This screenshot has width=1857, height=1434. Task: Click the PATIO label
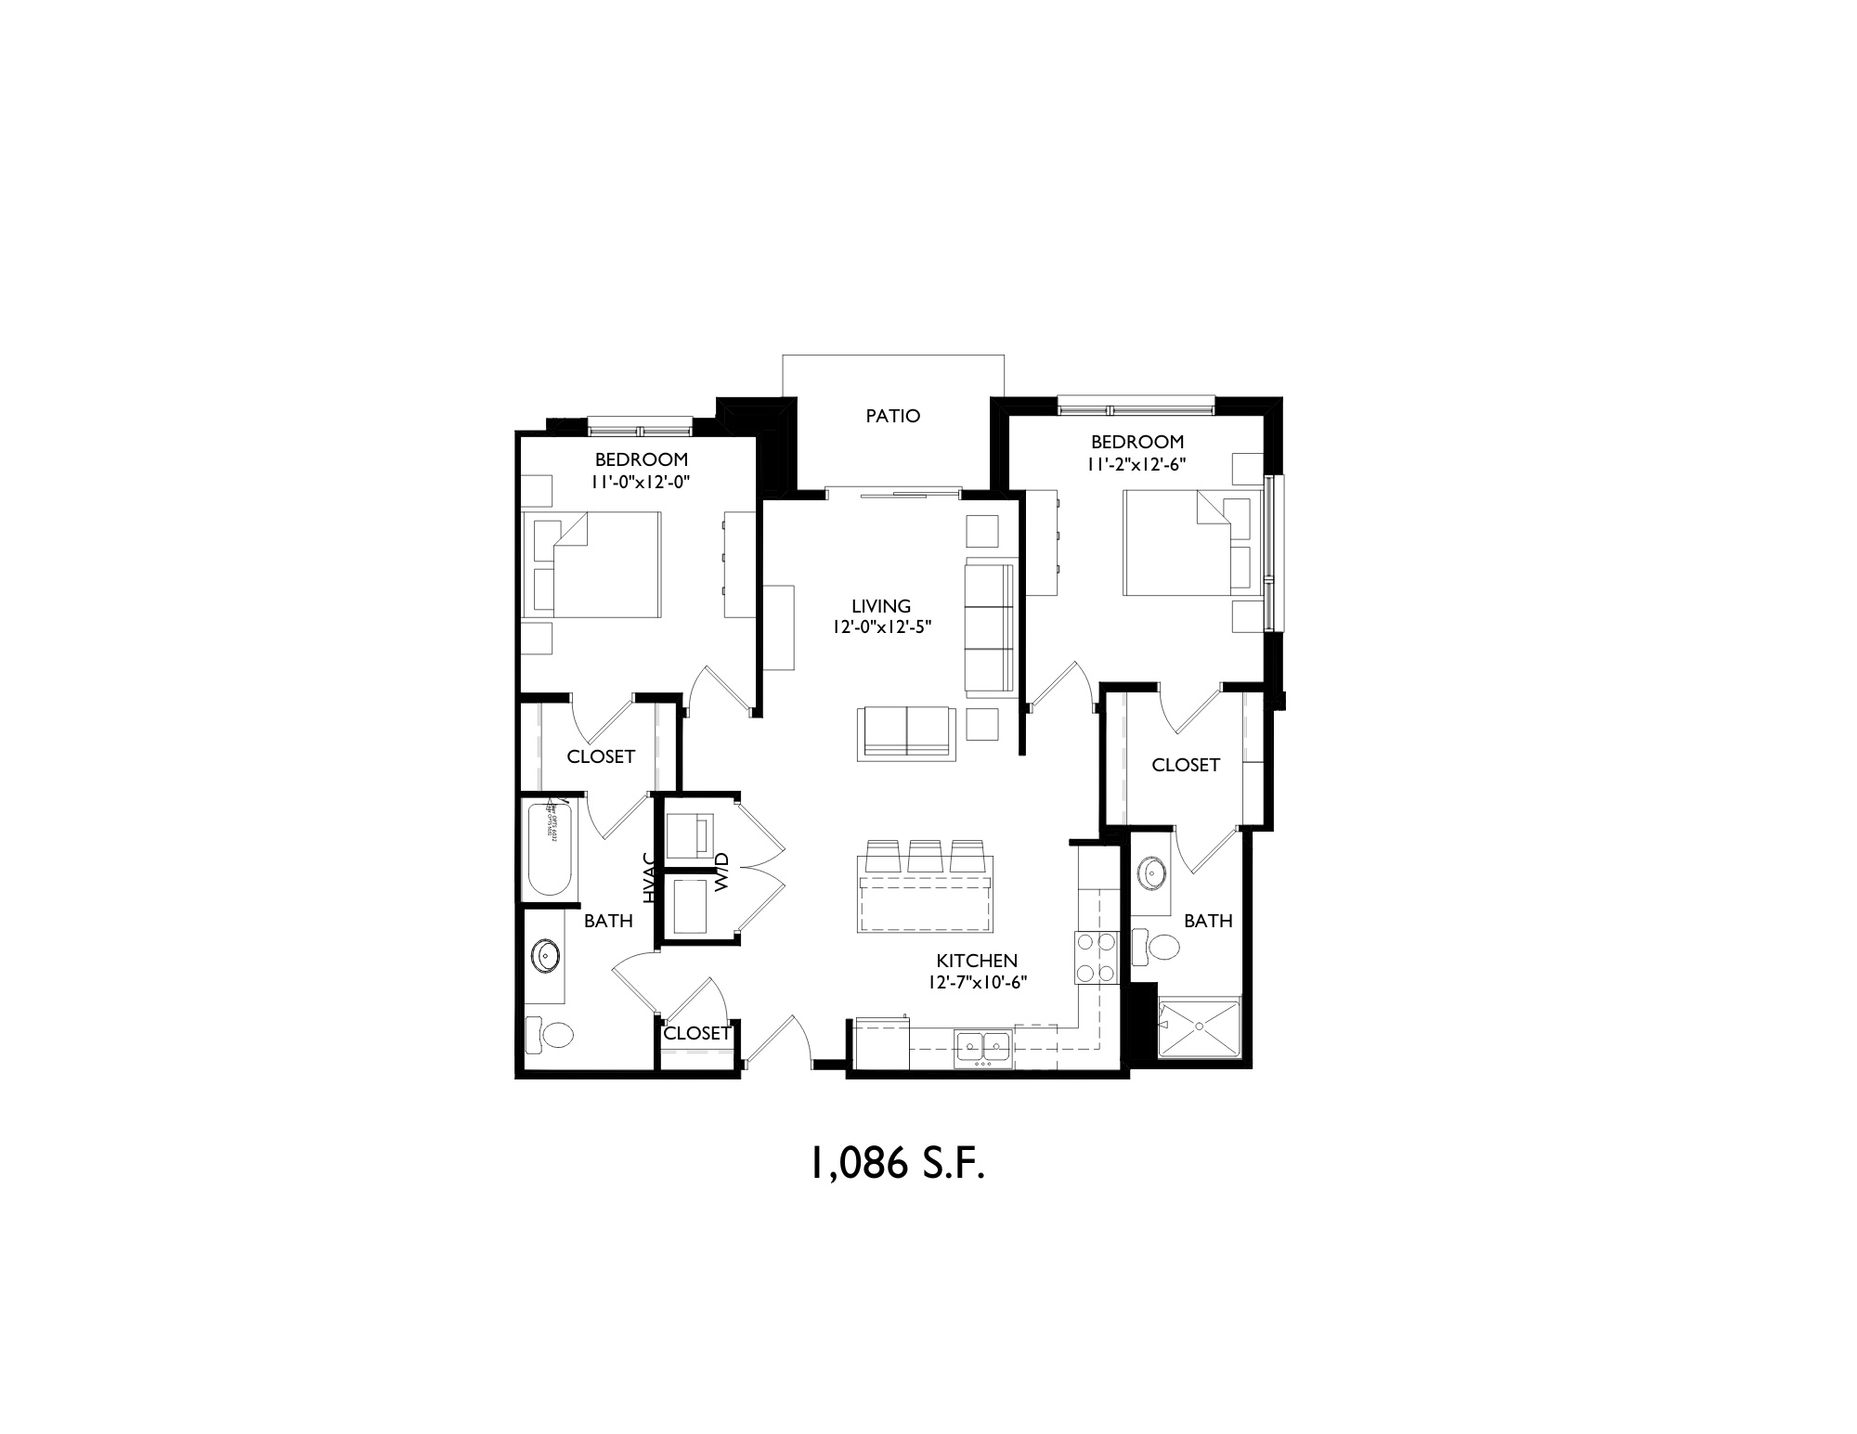point(892,416)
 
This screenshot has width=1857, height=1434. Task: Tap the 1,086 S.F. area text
point(897,1164)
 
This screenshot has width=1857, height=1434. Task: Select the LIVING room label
point(881,607)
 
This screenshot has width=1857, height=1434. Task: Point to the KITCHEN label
point(977,961)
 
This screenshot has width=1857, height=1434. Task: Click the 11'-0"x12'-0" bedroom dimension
point(641,482)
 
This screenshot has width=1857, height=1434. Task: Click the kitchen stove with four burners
point(1096,958)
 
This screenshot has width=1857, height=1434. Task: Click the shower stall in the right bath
point(1199,1027)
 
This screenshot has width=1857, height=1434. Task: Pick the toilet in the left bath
point(549,1034)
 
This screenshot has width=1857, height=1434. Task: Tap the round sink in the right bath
point(1152,872)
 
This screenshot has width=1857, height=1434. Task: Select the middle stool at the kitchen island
point(926,855)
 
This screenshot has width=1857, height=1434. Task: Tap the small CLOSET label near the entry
point(697,1033)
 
